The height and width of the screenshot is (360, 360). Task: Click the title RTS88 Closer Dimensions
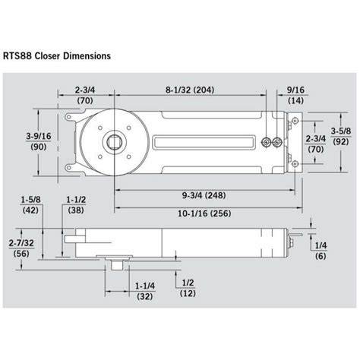tap(57, 56)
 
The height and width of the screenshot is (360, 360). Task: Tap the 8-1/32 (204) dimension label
tap(190, 90)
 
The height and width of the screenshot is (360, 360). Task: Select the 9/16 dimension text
tap(295, 90)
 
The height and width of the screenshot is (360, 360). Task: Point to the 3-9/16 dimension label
tap(39, 136)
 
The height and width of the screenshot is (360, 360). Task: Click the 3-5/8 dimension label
tap(341, 131)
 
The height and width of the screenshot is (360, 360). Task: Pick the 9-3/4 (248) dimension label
tap(204, 195)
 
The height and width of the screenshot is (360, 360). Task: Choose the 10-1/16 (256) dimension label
tap(204, 213)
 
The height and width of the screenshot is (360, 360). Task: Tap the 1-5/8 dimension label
tap(30, 200)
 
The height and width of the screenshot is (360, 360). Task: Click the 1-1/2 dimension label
tap(76, 200)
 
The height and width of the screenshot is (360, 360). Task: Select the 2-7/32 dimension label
tap(21, 243)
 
